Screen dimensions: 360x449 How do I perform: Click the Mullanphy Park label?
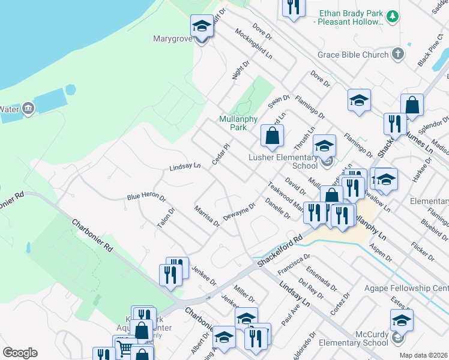(x=233, y=123)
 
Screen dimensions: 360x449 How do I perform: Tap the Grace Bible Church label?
(x=353, y=55)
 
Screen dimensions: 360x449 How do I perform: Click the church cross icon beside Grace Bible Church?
(x=397, y=55)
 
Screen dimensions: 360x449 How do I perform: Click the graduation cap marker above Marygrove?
(x=202, y=26)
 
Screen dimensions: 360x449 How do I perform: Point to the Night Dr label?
(x=244, y=67)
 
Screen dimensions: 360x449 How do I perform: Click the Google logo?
(x=20, y=353)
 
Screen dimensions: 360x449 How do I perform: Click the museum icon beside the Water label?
(x=28, y=109)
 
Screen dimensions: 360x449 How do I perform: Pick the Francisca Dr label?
(x=294, y=265)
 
